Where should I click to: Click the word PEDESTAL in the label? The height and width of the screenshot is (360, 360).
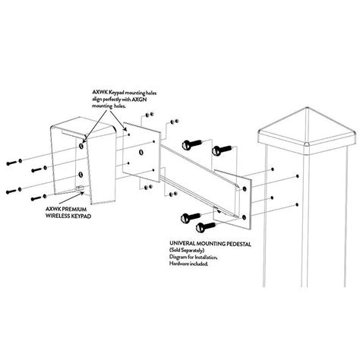pos(238,244)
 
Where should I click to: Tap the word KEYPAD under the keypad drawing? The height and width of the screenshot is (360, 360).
pos(81,216)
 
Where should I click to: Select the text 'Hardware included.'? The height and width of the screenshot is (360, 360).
pos(189,264)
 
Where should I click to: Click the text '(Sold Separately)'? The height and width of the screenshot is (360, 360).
pos(187,251)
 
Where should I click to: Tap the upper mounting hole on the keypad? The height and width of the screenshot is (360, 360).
pos(81,146)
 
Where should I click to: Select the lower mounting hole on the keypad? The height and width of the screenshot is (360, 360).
pos(81,174)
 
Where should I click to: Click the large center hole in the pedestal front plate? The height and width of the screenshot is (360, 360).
pos(141,153)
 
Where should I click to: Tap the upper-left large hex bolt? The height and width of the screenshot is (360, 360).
pos(192,144)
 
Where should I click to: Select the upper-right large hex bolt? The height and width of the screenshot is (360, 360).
pos(221,150)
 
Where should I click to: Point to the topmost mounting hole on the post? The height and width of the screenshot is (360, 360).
pos(273,169)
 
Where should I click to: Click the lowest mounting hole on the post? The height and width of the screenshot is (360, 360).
pos(297,204)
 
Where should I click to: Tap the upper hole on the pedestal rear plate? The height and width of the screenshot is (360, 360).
pos(245,188)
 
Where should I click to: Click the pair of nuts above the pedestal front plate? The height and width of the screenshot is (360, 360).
pos(150,115)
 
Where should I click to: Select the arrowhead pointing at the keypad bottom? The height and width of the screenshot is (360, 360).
pos(82,194)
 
